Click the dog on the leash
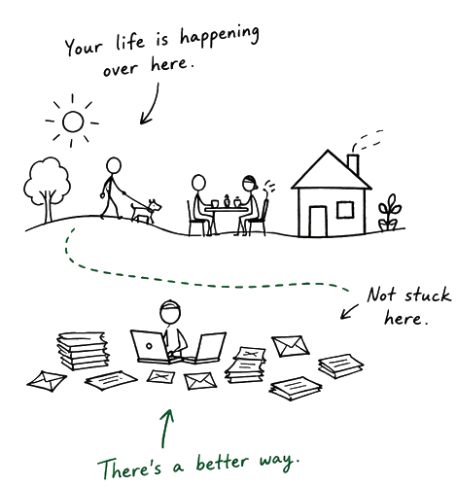[146, 211]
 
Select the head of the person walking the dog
[114, 166]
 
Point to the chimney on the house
[353, 165]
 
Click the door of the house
[318, 222]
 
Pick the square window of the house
[345, 209]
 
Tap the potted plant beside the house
[389, 213]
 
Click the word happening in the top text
[220, 37]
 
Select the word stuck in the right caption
[427, 295]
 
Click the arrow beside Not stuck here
[349, 312]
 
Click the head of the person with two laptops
[170, 312]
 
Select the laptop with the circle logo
[151, 346]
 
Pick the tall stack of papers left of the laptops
[83, 351]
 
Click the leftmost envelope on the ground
[47, 381]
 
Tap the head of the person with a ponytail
[249, 184]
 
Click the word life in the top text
[129, 42]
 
